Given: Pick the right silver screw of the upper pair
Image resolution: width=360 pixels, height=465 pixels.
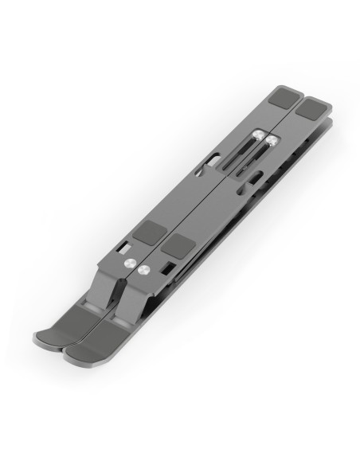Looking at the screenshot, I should (273, 141).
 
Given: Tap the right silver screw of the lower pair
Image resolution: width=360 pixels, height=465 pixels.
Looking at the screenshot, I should (146, 270).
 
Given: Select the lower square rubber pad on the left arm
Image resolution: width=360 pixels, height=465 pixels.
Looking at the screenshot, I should (147, 233).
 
